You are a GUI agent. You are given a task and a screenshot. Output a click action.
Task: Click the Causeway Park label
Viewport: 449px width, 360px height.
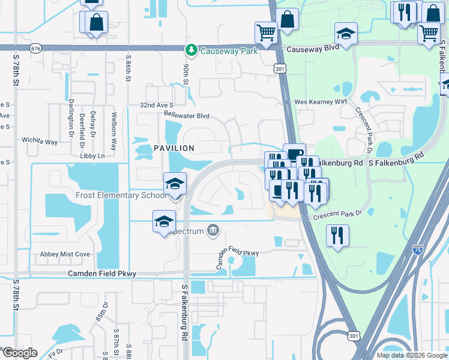coord(229,51)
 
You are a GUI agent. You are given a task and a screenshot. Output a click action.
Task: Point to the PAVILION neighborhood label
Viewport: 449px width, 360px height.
coord(173,148)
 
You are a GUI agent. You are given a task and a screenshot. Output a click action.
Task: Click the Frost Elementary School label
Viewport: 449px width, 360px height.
coord(121,195)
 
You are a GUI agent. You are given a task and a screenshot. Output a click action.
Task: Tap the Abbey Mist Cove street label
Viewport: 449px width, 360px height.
coord(65,254)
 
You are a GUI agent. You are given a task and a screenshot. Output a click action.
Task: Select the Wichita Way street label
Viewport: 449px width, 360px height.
coord(40,142)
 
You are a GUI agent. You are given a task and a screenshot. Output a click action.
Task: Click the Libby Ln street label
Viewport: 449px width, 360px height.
coord(92,156)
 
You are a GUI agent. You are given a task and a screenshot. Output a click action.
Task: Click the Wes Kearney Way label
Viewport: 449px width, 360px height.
coord(321,102)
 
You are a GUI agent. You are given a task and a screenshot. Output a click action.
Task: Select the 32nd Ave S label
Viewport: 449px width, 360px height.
coord(157,104)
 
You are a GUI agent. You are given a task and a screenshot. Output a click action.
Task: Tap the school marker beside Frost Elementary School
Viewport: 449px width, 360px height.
coord(175,184)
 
